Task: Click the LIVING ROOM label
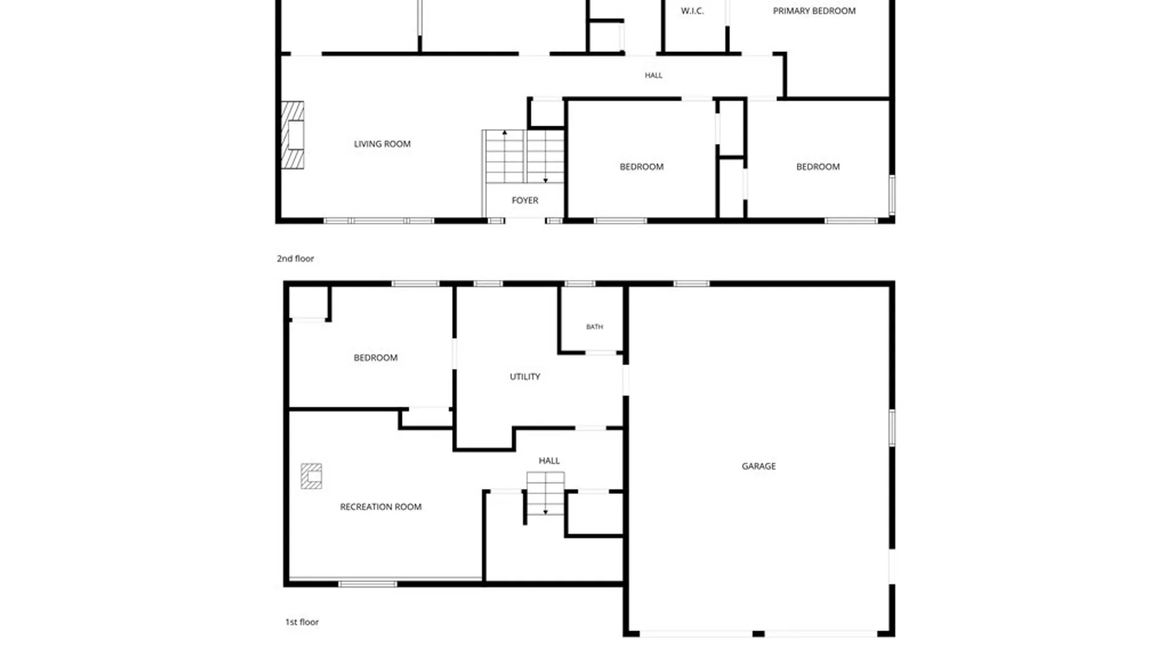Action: click(382, 144)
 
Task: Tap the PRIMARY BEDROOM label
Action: click(814, 11)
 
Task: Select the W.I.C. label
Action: click(692, 11)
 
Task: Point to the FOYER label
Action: click(525, 200)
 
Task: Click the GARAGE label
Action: click(759, 466)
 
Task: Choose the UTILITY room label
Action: click(525, 377)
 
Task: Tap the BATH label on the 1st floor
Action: click(595, 327)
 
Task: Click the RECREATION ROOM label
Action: click(381, 507)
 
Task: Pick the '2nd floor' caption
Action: click(295, 258)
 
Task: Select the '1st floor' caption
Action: click(302, 622)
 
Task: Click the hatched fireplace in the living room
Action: click(292, 135)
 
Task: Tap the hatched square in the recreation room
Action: click(311, 476)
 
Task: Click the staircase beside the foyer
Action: click(524, 156)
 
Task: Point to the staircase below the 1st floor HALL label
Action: click(546, 493)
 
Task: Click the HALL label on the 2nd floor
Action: click(653, 76)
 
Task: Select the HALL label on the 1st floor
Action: click(549, 461)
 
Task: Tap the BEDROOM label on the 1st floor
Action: click(376, 358)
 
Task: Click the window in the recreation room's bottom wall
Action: click(368, 584)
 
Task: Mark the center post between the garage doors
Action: click(759, 634)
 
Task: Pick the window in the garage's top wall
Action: click(691, 283)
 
